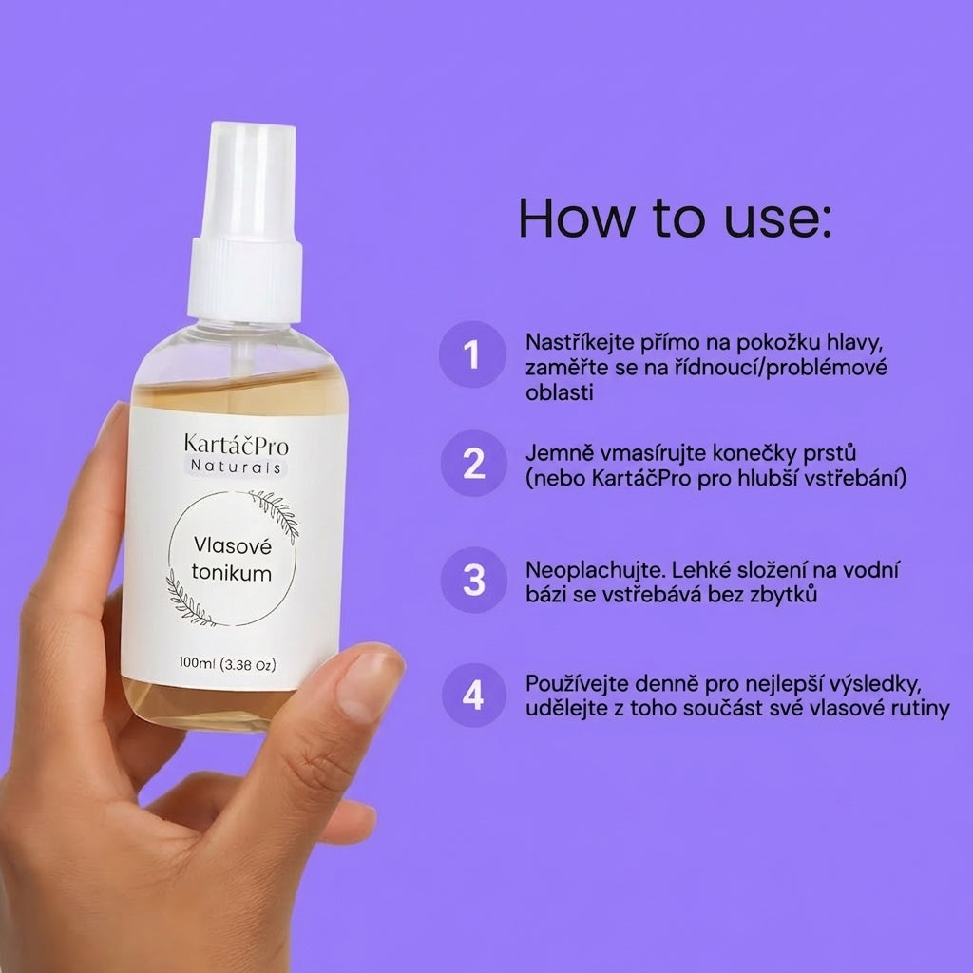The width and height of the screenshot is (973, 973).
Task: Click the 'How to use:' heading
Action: [x=675, y=218]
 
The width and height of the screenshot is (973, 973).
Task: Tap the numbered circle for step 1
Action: [x=473, y=354]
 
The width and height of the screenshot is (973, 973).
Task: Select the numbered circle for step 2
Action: [x=473, y=464]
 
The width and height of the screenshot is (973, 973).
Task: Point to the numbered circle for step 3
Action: [x=473, y=581]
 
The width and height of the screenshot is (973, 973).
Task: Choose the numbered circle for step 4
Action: [x=473, y=695]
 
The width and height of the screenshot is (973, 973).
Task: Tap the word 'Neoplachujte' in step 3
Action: [x=595, y=571]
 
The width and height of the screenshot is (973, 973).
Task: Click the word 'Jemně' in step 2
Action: [x=555, y=453]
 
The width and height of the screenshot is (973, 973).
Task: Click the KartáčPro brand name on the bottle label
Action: [x=236, y=445]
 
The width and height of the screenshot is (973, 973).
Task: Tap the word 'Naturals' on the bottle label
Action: [x=236, y=467]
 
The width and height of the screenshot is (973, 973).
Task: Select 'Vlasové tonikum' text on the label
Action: [x=232, y=559]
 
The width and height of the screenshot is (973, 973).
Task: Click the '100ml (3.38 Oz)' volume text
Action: [x=228, y=664]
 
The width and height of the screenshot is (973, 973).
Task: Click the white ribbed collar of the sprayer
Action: [x=245, y=280]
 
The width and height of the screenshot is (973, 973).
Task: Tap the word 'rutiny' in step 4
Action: [x=920, y=709]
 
